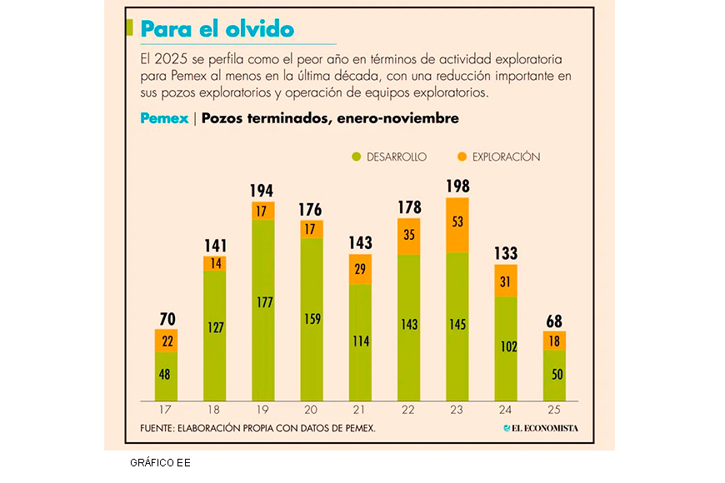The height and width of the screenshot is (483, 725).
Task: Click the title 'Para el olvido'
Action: [217, 29]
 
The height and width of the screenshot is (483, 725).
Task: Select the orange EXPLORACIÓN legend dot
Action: [461, 157]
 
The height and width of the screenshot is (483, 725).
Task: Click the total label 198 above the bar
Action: [457, 186]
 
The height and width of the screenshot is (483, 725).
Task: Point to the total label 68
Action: [554, 321]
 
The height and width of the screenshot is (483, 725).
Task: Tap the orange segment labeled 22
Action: [166, 341]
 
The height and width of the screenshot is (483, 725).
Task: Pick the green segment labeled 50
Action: [554, 375]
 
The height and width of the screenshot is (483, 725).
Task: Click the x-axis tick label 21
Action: [360, 410]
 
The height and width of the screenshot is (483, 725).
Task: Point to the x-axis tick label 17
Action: [166, 410]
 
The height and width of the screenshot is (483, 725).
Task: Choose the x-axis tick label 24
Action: [506, 410]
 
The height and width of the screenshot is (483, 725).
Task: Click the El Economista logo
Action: [540, 428]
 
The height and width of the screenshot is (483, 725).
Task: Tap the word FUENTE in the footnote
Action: [159, 428]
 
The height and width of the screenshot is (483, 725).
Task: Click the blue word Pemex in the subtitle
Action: [164, 118]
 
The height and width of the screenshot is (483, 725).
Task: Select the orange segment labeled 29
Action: [360, 269]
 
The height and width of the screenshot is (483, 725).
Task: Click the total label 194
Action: [263, 191]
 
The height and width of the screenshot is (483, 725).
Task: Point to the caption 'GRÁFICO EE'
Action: [160, 462]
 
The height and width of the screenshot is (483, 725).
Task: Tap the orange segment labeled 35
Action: [408, 237]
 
